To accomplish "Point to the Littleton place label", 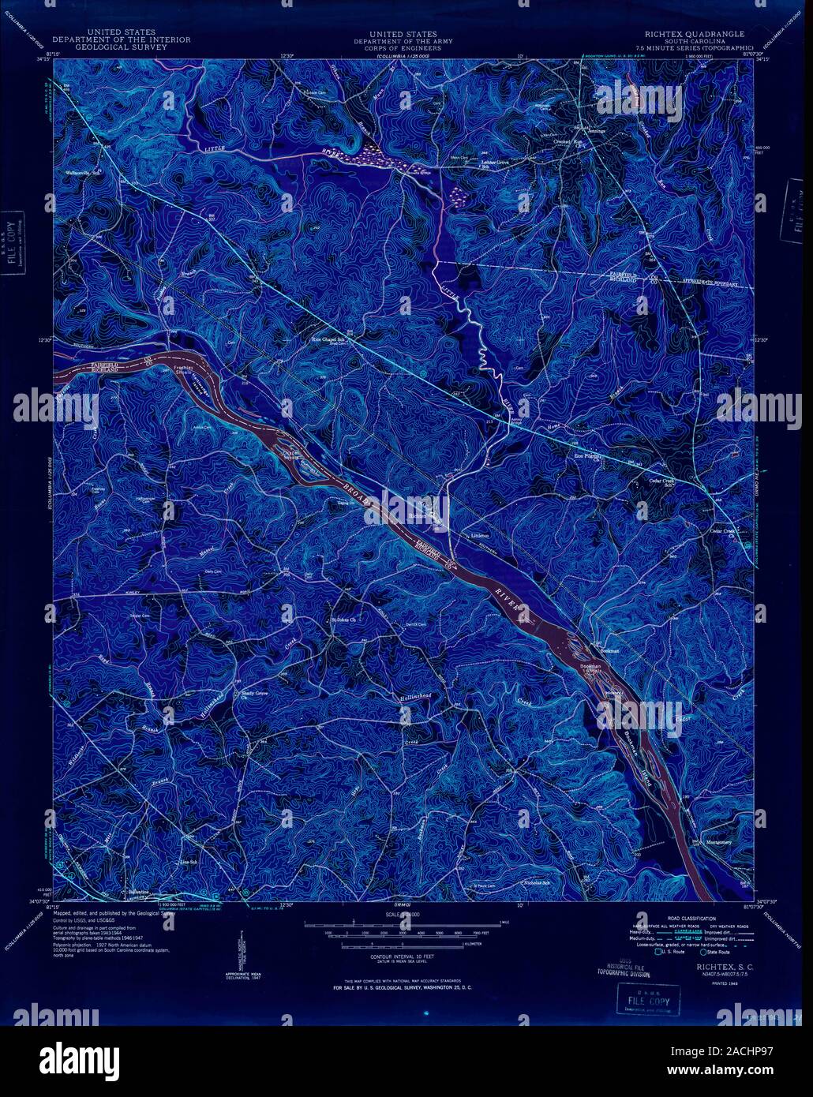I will tap(481, 535).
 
